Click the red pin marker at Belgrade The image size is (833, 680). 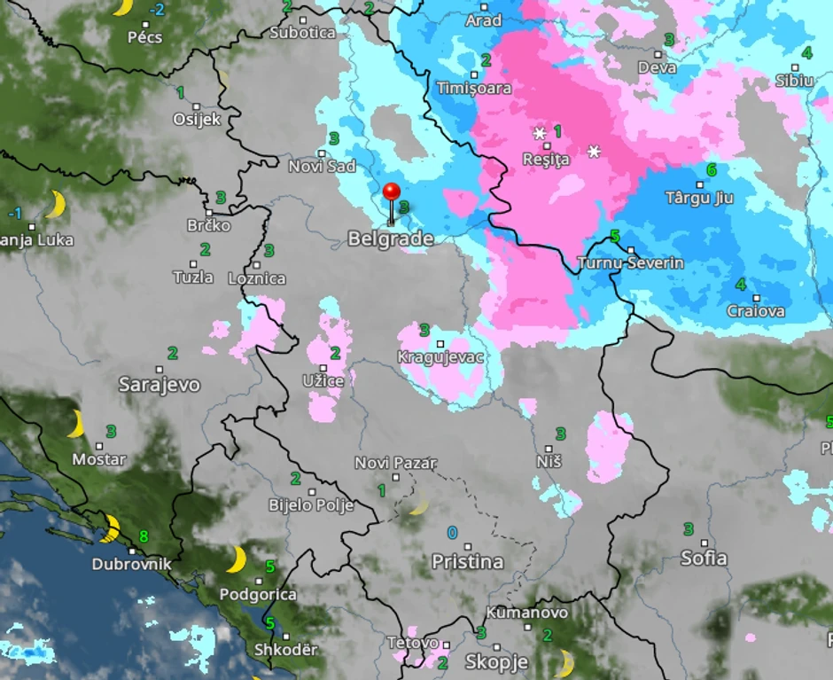pyautogui.click(x=391, y=192)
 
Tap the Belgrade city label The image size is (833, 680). pyautogui.click(x=391, y=238)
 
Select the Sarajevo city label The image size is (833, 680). pyautogui.click(x=160, y=385)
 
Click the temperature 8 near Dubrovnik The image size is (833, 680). pyautogui.click(x=144, y=536)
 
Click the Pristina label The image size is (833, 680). pyautogui.click(x=467, y=562)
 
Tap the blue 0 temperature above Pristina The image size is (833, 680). pyautogui.click(x=452, y=533)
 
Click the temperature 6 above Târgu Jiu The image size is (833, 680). pyautogui.click(x=711, y=169)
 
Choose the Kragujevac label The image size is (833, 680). pyautogui.click(x=440, y=357)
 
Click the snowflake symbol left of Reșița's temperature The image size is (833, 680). pyautogui.click(x=539, y=133)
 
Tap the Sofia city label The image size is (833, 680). pyautogui.click(x=704, y=559)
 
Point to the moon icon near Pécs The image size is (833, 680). pyautogui.click(x=121, y=7)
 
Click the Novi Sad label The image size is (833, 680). pyautogui.click(x=323, y=166)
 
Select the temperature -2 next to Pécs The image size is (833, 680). pyautogui.click(x=158, y=10)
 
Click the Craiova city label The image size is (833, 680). pyautogui.click(x=755, y=311)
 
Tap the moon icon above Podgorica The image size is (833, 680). pyautogui.click(x=236, y=559)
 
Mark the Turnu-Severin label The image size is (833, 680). pyautogui.click(x=630, y=263)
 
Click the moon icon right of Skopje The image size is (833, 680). pyautogui.click(x=563, y=662)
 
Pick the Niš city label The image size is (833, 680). pyautogui.click(x=549, y=462)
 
